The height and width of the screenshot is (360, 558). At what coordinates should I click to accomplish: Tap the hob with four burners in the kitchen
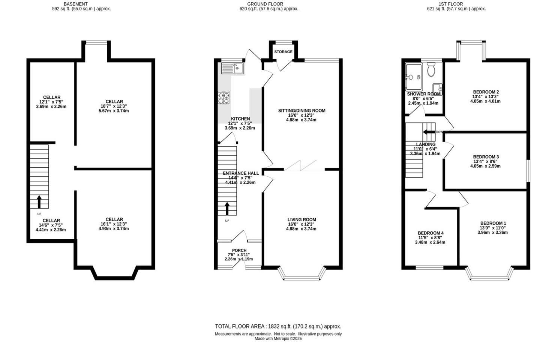(x=224, y=97)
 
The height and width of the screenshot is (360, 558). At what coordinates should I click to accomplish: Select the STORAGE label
(x=283, y=52)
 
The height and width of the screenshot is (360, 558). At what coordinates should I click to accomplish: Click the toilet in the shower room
(x=431, y=70)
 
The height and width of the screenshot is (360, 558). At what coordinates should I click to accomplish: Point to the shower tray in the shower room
(x=414, y=77)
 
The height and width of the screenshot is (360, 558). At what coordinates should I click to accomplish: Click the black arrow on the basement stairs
(x=39, y=201)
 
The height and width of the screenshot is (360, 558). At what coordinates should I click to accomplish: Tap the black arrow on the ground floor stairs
(x=227, y=208)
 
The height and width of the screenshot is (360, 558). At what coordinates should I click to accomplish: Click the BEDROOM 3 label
(x=486, y=157)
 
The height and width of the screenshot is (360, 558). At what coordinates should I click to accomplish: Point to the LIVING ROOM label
(x=301, y=220)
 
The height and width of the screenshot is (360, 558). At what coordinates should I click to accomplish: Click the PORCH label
(x=239, y=250)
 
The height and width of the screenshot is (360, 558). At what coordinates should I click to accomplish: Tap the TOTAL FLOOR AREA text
(x=278, y=327)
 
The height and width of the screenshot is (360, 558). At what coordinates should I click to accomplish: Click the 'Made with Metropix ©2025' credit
(x=278, y=339)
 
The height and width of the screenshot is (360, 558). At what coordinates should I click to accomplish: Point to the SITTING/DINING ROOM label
(x=301, y=111)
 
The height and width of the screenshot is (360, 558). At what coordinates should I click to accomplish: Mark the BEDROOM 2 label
(x=486, y=92)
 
